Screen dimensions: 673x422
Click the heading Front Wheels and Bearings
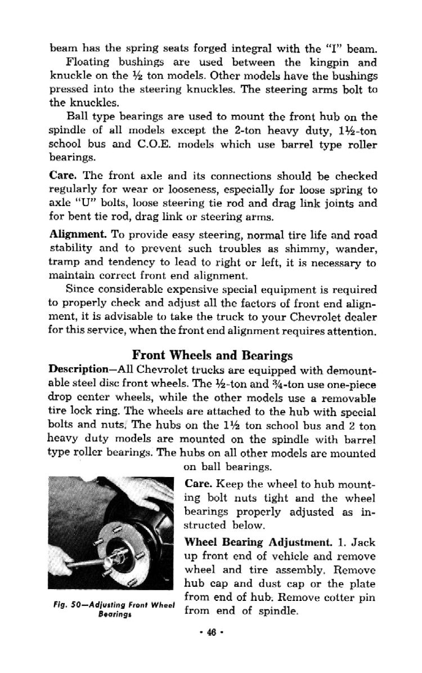point(212,355)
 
